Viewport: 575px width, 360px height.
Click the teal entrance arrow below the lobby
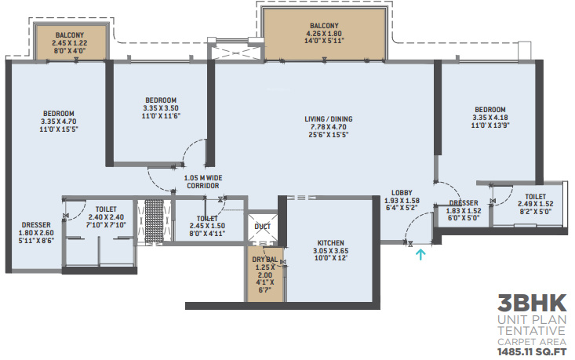pos(420,255)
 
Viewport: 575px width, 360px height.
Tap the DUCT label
pos(262,227)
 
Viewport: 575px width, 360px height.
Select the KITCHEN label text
pos(331,243)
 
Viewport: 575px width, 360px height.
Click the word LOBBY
pos(402,193)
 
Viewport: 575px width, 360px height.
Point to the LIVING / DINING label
pos(329,119)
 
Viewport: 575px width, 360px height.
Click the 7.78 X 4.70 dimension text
pos(329,127)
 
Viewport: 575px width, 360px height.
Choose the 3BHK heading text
pos(532,304)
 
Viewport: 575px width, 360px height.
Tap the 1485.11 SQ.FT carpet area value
pos(532,352)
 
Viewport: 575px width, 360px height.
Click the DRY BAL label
pos(265,260)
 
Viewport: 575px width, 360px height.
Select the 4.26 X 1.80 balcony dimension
pos(324,34)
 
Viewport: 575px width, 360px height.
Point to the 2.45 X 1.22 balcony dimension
pos(70,43)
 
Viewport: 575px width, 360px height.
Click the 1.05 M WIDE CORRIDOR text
pos(203,182)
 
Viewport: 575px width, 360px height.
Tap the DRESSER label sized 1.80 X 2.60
pos(36,225)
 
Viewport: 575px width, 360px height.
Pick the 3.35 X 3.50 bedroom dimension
pos(161,108)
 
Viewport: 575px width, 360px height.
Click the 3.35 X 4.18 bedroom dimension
pos(490,118)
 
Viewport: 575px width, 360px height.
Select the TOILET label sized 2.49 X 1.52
pos(536,197)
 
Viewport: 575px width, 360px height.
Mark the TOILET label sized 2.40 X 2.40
pos(106,209)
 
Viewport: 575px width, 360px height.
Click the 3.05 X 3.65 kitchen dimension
pos(331,251)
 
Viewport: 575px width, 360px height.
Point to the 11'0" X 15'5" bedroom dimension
pos(59,129)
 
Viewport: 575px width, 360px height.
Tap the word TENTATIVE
pos(532,331)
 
